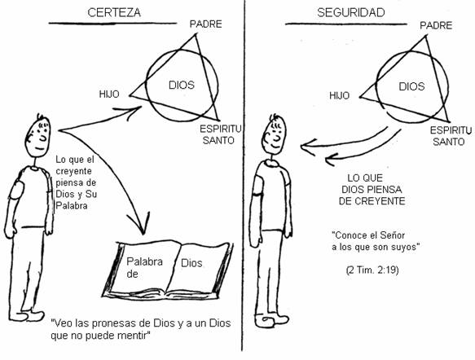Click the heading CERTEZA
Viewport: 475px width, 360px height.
click(x=114, y=13)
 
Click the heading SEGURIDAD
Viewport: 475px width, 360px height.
click(x=351, y=13)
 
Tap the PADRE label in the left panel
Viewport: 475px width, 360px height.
click(x=205, y=24)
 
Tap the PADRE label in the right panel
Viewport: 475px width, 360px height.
click(x=436, y=25)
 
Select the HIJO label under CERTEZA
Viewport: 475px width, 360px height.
click(x=109, y=94)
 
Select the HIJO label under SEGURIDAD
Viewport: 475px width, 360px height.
click(x=339, y=95)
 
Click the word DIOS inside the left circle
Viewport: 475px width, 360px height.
click(x=182, y=85)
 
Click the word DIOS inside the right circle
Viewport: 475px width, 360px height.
click(x=411, y=86)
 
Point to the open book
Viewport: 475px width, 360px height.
click(x=168, y=270)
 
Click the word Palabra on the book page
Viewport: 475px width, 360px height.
click(x=144, y=261)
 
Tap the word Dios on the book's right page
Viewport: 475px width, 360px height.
click(x=191, y=263)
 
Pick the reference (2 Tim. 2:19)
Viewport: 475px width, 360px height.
click(x=372, y=270)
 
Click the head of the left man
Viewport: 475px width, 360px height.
click(x=37, y=136)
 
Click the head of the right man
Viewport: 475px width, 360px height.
click(x=275, y=137)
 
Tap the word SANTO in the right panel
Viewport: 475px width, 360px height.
click(x=449, y=142)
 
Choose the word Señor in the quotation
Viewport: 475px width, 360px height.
click(x=392, y=235)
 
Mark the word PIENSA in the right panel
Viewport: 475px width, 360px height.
click(x=384, y=190)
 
